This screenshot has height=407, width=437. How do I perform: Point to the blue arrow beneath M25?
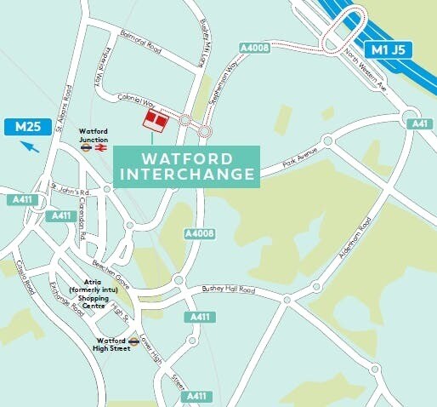30,147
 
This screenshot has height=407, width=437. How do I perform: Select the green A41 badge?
420,124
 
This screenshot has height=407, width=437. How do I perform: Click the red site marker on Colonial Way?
155,120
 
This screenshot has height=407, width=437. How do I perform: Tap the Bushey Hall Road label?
228,290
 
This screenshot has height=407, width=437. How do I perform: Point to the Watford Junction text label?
94,135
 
